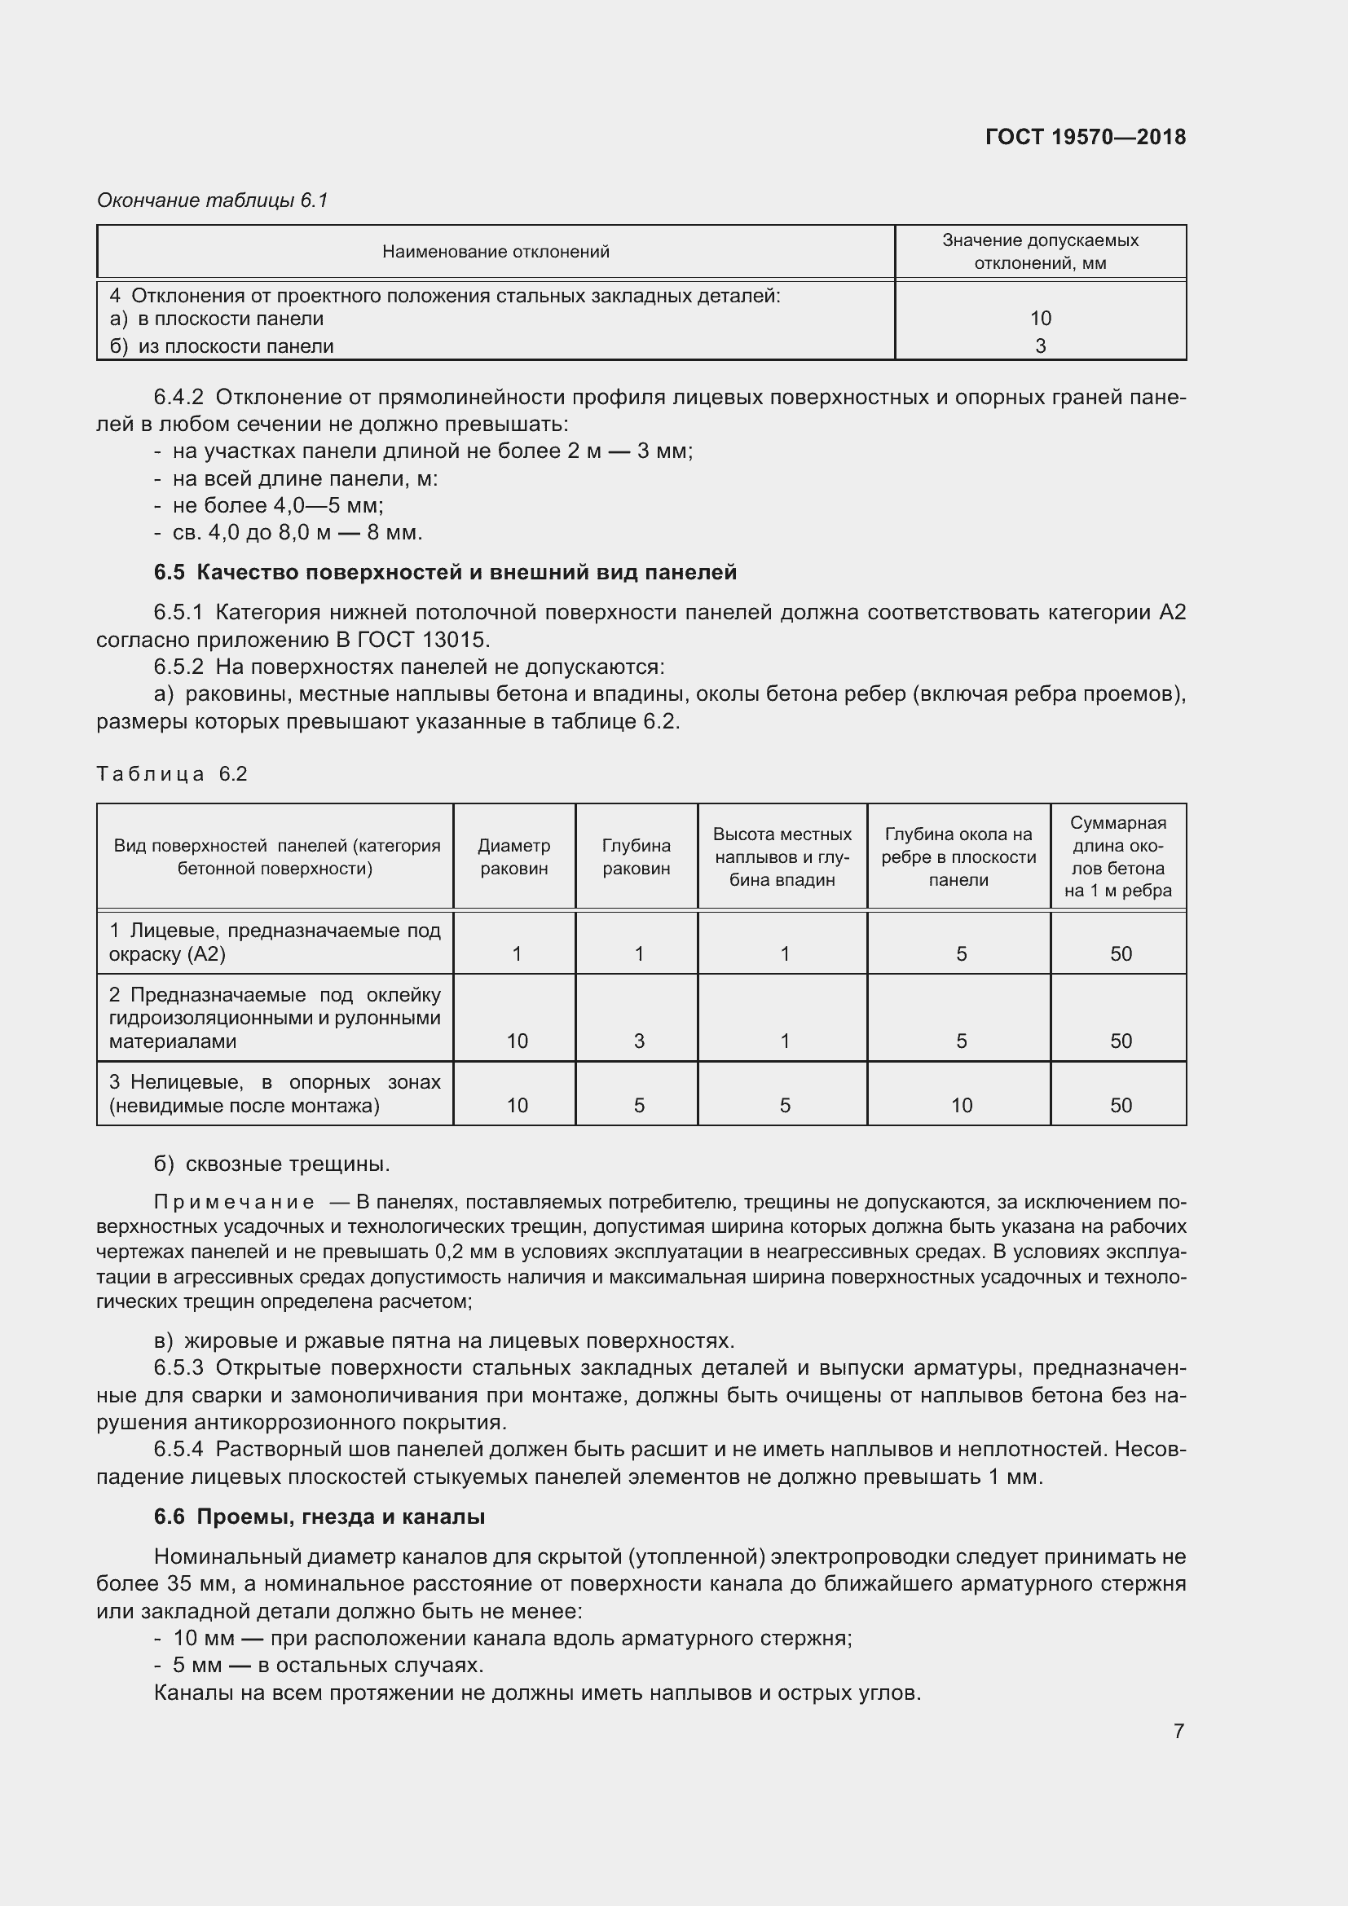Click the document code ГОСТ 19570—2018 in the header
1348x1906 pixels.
(x=1085, y=137)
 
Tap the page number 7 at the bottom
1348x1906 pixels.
(x=1178, y=1731)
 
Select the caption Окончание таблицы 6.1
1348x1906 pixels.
(x=213, y=200)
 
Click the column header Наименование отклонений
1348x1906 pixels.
(x=496, y=252)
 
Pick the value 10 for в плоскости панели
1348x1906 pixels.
(x=1040, y=318)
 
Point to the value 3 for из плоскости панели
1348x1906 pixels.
(x=1040, y=346)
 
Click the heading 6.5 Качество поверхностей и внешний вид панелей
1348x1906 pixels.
(x=445, y=572)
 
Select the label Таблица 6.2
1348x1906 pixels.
(x=172, y=773)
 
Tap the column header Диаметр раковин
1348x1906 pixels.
(x=513, y=856)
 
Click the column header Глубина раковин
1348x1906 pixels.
(x=636, y=856)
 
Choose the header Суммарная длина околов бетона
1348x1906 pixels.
(x=1117, y=856)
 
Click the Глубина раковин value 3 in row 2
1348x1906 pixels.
(x=639, y=1041)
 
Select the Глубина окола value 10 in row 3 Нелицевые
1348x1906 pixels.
(x=961, y=1105)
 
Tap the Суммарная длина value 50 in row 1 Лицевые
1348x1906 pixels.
(x=1121, y=954)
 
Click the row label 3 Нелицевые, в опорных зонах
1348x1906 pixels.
(x=274, y=1094)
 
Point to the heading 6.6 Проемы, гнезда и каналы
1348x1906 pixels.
(x=319, y=1516)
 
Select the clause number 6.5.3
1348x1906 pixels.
(x=178, y=1367)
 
